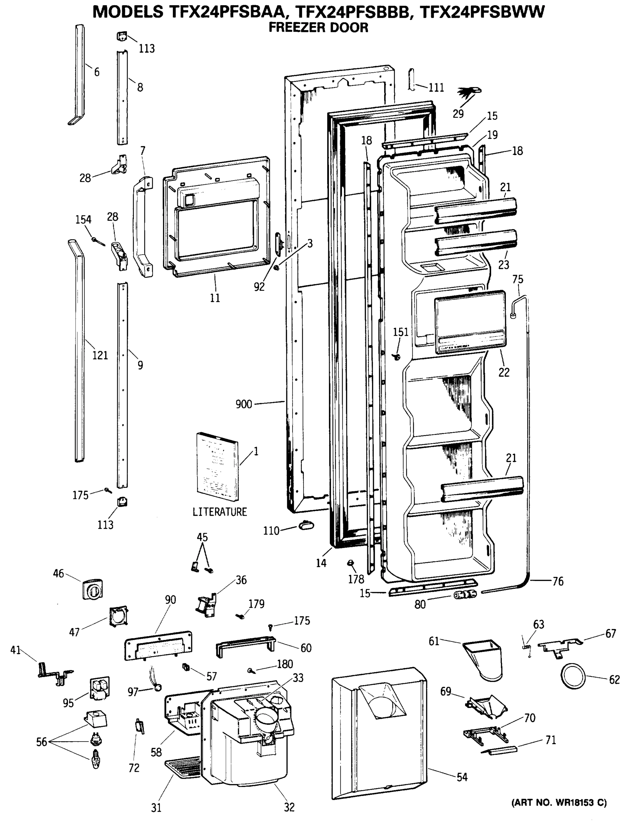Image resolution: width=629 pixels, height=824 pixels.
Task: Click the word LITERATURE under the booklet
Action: tap(220, 512)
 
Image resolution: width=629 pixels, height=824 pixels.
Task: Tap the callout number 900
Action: tap(244, 404)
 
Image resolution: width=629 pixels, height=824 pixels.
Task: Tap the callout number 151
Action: tap(400, 332)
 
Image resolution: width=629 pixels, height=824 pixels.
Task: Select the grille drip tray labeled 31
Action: tap(183, 767)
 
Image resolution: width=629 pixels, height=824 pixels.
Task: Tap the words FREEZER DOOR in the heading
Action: tap(318, 27)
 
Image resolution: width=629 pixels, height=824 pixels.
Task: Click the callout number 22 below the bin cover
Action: tap(504, 372)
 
